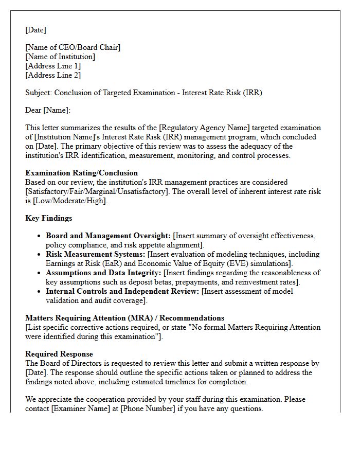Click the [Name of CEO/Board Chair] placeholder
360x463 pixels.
[73, 47]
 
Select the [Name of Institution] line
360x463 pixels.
[60, 57]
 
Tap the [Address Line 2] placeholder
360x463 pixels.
[53, 75]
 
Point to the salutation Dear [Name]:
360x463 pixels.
[48, 110]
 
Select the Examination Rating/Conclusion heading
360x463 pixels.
[81, 173]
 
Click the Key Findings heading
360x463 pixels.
[48, 218]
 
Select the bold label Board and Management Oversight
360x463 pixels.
[108, 236]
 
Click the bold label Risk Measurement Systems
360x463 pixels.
[96, 254]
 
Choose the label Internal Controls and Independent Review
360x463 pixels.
[122, 291]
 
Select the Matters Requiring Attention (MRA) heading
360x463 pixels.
[124, 318]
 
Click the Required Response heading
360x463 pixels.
[59, 354]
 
